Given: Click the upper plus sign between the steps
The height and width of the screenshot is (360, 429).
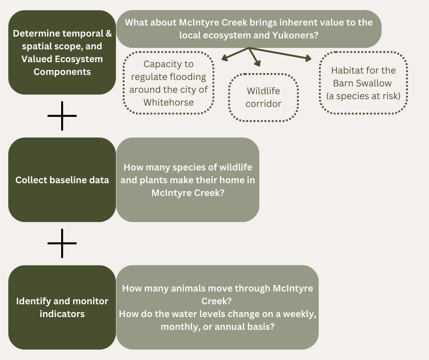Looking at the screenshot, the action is [x=62, y=116].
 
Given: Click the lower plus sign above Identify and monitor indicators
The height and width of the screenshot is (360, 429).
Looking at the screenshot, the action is [x=62, y=243].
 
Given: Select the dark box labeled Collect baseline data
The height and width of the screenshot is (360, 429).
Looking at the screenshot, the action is [x=62, y=180].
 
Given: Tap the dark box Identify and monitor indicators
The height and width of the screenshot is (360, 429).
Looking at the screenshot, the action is [x=62, y=307].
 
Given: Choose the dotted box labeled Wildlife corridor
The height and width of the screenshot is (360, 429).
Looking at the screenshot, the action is [x=263, y=98].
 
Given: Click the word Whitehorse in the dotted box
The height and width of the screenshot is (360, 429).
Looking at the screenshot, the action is [x=168, y=102].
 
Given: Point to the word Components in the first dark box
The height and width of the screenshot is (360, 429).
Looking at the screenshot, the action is [x=62, y=72].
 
